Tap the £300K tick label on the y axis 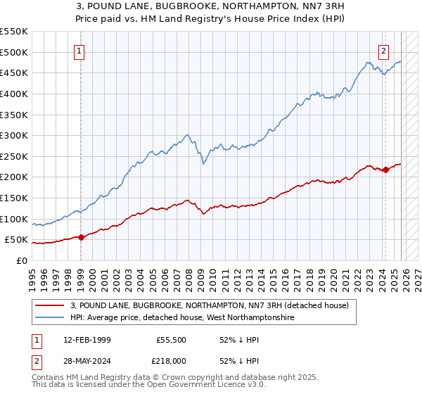(x=13, y=135)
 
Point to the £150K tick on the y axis (x=13, y=198)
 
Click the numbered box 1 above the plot (x=80, y=51)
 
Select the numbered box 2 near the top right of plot (x=384, y=51)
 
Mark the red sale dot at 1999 (x=81, y=237)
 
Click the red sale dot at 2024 (x=385, y=170)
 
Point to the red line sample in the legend (x=50, y=305)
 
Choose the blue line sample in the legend (x=50, y=317)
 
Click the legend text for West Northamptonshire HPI (x=184, y=317)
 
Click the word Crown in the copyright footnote (x=167, y=379)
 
